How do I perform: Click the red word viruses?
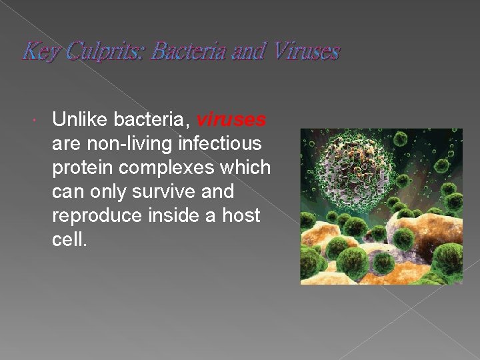[231, 120]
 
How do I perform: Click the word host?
[241, 216]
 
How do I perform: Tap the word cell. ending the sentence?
[69, 240]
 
